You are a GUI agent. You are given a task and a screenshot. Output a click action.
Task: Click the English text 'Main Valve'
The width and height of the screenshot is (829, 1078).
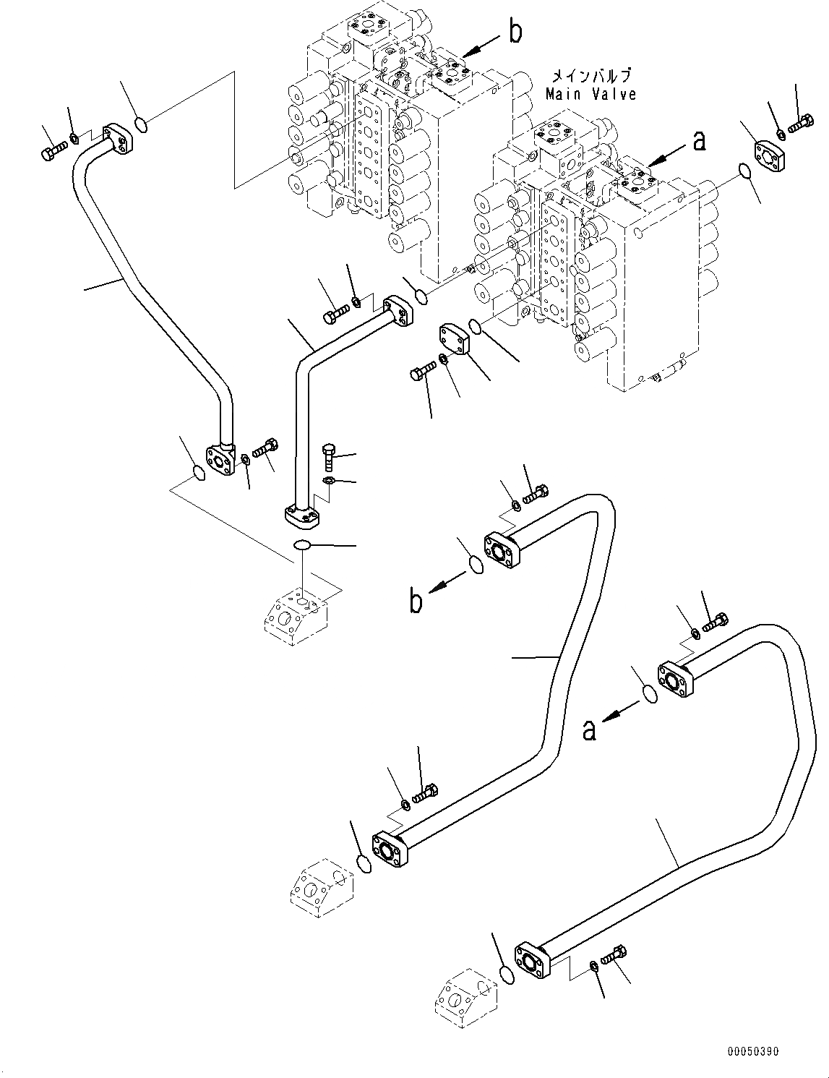point(590,94)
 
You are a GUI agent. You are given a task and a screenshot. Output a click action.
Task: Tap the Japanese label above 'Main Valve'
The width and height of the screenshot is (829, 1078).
point(590,76)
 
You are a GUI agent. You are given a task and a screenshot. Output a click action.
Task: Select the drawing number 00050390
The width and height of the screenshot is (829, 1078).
point(752,1052)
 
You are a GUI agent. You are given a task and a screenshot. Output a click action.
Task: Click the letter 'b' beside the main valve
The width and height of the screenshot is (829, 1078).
point(515,33)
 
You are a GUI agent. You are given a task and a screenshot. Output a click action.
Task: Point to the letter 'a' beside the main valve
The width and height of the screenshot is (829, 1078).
point(698,141)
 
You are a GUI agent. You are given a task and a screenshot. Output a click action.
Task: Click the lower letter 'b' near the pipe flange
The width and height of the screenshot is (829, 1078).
point(416,602)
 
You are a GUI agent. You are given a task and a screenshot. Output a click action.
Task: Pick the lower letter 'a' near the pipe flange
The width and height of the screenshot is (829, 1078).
point(590,730)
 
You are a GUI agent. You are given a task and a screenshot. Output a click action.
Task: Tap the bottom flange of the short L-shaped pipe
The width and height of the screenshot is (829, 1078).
point(298,516)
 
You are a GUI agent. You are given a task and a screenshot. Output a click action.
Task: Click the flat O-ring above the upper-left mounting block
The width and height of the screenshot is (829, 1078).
point(303,544)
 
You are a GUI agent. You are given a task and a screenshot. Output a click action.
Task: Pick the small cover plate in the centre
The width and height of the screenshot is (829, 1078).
point(452,338)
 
